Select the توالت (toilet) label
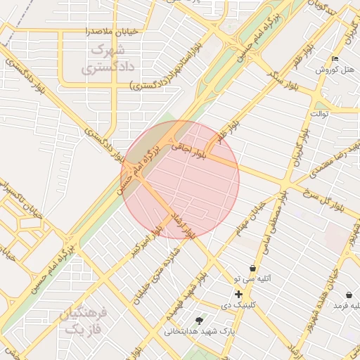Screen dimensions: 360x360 coord(320,113)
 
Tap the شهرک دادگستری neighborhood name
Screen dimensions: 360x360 coord(107,60)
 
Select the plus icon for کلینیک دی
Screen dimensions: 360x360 coord(239,293)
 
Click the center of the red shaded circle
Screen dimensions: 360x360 coord(180,179)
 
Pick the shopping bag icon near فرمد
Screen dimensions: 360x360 coord(349,294)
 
